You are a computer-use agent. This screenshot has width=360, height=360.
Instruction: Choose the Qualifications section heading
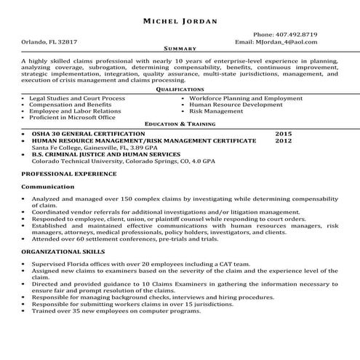(x=180, y=89)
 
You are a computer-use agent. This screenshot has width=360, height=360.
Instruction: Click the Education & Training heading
(x=180, y=124)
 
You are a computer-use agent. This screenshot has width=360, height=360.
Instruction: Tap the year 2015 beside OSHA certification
(x=284, y=135)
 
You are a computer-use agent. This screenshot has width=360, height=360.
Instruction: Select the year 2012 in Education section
(x=284, y=141)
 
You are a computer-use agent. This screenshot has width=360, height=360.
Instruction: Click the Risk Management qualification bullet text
(x=216, y=111)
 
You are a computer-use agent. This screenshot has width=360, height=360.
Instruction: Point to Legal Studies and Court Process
(x=77, y=97)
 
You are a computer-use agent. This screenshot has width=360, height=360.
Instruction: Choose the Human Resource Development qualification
(x=236, y=104)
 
